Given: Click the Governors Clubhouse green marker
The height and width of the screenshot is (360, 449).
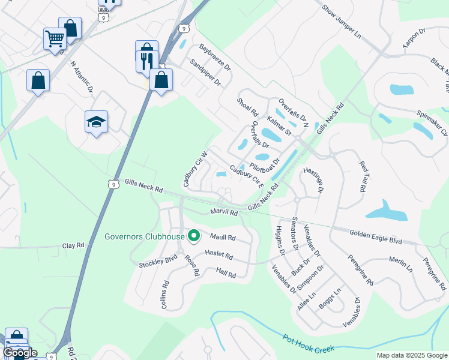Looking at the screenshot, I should click(193, 236).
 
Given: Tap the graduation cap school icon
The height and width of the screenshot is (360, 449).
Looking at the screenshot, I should click(96, 122).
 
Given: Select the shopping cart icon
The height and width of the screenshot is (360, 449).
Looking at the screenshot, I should click(55, 39).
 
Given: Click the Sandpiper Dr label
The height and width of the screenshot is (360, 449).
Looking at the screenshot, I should click(205, 73).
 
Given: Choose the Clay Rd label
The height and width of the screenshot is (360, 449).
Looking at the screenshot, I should click(76, 246).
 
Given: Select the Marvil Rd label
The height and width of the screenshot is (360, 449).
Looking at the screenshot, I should click(224, 212).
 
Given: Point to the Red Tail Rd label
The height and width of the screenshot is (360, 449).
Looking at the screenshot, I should click(363, 176).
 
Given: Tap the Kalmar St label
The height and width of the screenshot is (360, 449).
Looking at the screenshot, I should click(279, 127).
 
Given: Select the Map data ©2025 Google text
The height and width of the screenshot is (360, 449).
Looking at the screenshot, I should click(412, 355).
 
